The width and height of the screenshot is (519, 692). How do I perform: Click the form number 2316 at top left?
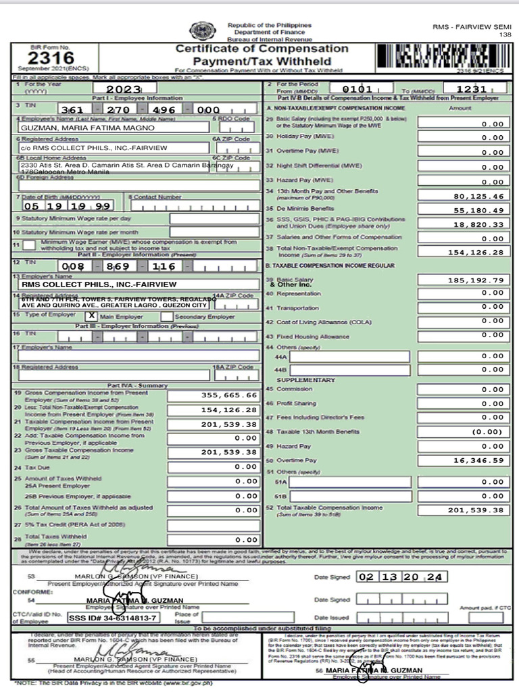pyautogui.click(x=42, y=59)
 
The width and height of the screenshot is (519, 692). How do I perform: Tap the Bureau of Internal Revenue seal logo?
pyautogui.click(x=201, y=31)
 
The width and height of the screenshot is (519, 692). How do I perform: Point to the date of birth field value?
pyautogui.click(x=68, y=206)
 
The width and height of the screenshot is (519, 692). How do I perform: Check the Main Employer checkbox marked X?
pyautogui.click(x=92, y=316)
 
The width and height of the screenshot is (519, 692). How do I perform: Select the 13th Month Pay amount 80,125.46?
pyautogui.click(x=480, y=196)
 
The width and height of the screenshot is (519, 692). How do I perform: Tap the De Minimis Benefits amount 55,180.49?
pyautogui.click(x=480, y=210)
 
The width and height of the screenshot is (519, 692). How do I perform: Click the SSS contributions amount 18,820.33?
pyautogui.click(x=480, y=224)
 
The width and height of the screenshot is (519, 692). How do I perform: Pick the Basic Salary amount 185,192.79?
pyautogui.click(x=480, y=279)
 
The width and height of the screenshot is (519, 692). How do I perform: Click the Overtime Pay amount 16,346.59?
pyautogui.click(x=480, y=460)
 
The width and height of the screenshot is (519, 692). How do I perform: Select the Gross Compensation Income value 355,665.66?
pyautogui.click(x=229, y=395)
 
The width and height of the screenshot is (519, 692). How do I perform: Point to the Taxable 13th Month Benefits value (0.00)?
pyautogui.click(x=488, y=431)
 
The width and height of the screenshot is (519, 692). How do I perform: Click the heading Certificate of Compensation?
pyautogui.click(x=262, y=49)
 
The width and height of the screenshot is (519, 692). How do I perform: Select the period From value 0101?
pyautogui.click(x=357, y=89)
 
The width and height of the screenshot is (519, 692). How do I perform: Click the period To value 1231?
pyautogui.click(x=471, y=89)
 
